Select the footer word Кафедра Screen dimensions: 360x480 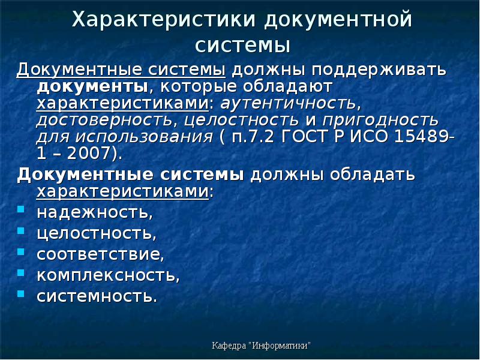point(229,346)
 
